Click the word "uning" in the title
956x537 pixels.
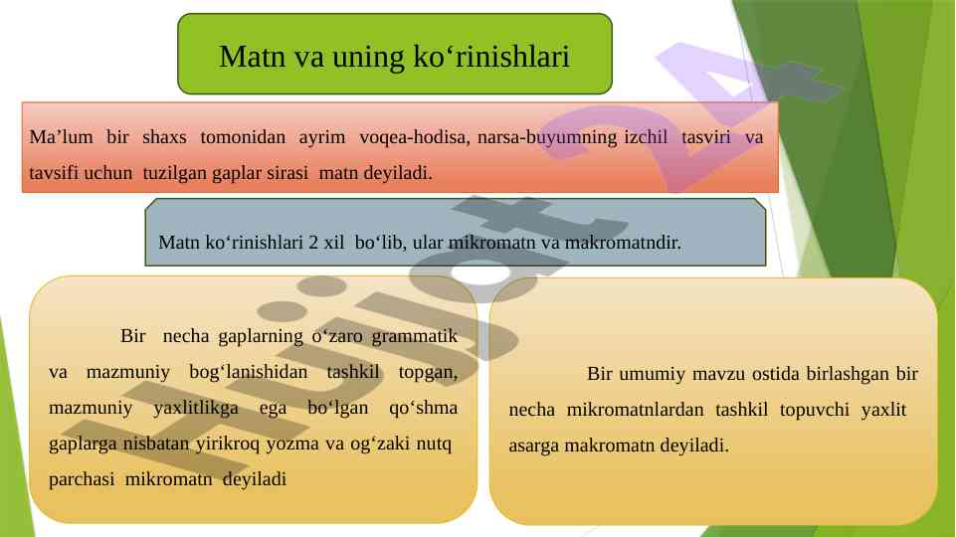pyautogui.click(x=368, y=58)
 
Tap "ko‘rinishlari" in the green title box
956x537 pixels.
pyautogui.click(x=490, y=56)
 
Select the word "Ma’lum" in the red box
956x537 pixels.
pyautogui.click(x=61, y=136)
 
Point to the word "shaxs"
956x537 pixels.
pyautogui.click(x=164, y=136)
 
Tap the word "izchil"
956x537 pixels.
pyautogui.click(x=646, y=136)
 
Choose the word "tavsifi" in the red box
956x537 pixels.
pyautogui.click(x=54, y=173)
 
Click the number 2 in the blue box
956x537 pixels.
pyautogui.click(x=313, y=242)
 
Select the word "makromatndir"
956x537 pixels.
pyautogui.click(x=623, y=242)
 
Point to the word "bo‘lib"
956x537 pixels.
pyautogui.click(x=379, y=242)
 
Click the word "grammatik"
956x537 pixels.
pyautogui.click(x=415, y=336)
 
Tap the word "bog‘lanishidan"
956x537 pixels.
pyautogui.click(x=248, y=372)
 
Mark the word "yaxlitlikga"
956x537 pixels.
pyautogui.click(x=196, y=408)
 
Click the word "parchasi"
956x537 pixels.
pyautogui.click(x=82, y=479)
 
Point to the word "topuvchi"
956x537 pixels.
pyautogui.click(x=815, y=411)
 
